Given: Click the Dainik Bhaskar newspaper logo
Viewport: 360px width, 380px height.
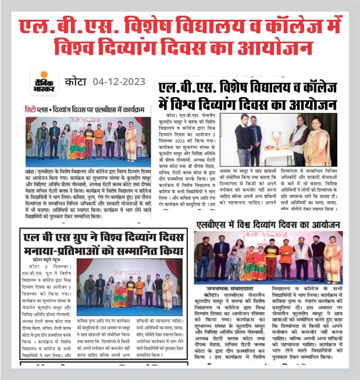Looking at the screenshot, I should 42,82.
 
